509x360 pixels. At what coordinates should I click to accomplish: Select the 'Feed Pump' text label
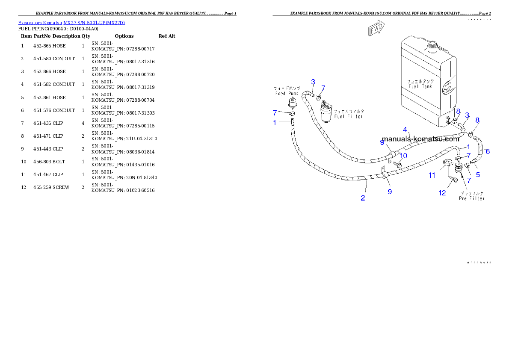(286, 93)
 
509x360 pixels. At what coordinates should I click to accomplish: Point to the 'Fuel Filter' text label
(349, 116)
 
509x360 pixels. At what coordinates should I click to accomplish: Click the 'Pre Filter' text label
(471, 198)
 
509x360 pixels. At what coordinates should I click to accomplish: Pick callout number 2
(363, 198)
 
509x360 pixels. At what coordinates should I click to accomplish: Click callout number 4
(405, 129)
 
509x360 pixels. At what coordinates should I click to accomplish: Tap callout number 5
(478, 174)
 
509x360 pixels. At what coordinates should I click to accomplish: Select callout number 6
(488, 151)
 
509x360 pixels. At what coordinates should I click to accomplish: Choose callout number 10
(403, 156)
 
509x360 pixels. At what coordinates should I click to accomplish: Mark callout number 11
(432, 175)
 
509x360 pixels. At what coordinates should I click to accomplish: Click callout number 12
(442, 193)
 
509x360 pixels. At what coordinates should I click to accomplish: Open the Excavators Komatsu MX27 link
(71, 23)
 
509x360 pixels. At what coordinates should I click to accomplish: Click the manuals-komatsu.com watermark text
(420, 139)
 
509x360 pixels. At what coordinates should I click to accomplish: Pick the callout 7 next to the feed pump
(275, 113)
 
